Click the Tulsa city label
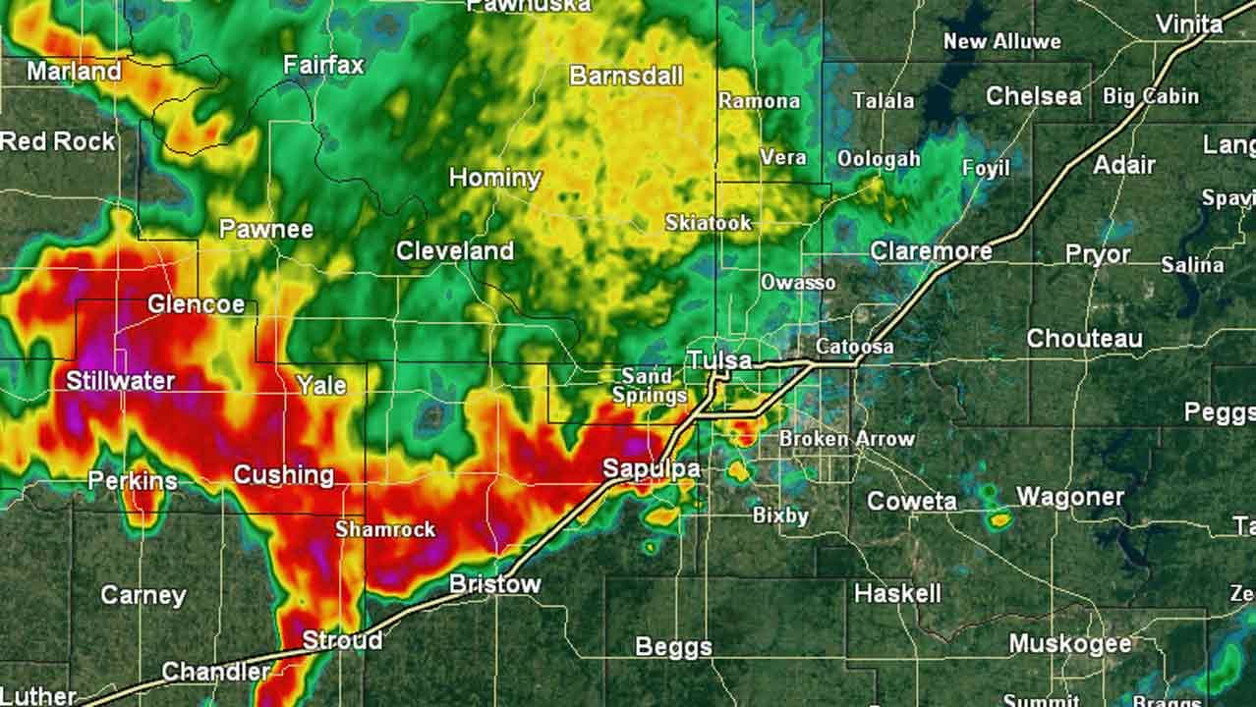(719, 360)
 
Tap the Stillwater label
(121, 380)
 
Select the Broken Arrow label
(846, 439)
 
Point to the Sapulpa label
(651, 469)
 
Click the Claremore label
(931, 251)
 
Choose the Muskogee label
(1070, 644)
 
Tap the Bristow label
(495, 584)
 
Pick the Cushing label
(283, 476)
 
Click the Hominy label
(495, 178)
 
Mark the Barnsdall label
(626, 76)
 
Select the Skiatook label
(708, 223)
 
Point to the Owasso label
(798, 283)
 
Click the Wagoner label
(1069, 497)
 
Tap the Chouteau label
(1084, 339)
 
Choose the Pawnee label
(265, 230)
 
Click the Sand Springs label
(649, 386)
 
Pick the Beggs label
(673, 647)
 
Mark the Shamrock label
(385, 529)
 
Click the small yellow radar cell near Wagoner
(1000, 520)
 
